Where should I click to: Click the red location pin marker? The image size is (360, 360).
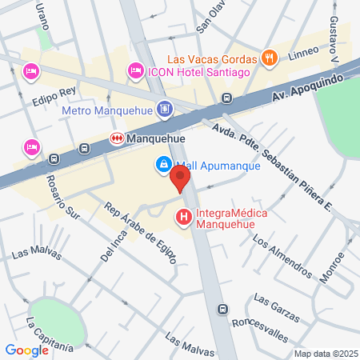tap(182, 178)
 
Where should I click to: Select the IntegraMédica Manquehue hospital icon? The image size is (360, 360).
tap(184, 216)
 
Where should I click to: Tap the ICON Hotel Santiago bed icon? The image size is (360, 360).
tap(136, 73)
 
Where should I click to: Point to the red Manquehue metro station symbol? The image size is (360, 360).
tap(118, 138)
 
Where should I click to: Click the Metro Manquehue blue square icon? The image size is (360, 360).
tap(164, 108)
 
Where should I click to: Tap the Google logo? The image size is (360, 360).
tap(26, 350)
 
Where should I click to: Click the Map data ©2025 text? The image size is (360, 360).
tap(326, 354)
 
